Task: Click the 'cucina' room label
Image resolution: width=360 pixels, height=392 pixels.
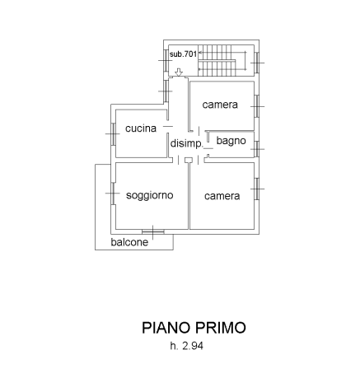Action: [x=141, y=128]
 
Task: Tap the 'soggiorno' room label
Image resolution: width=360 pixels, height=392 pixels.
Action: [x=150, y=195]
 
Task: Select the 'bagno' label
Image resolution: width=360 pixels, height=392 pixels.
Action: [x=231, y=141]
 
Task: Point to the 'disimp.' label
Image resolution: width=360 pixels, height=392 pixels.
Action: [x=186, y=143]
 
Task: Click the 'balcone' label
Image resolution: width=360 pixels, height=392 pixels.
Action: [x=129, y=242]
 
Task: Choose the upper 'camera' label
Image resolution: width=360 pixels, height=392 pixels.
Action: [x=220, y=105]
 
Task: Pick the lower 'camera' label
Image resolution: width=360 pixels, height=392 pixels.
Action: [x=222, y=196]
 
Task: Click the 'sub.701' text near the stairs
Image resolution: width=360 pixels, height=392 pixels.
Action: [x=183, y=54]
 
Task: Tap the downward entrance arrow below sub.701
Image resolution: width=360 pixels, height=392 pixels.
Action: [x=179, y=72]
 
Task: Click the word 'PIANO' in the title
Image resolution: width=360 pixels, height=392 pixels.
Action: [x=166, y=328]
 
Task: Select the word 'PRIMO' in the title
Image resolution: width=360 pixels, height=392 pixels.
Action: [x=221, y=328]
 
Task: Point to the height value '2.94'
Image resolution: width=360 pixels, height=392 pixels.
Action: [x=193, y=346]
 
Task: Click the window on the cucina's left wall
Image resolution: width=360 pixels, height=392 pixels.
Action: [x=113, y=134]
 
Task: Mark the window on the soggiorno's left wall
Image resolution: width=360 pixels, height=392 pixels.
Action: [x=113, y=194]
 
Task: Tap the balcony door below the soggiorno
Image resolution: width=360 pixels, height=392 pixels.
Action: [x=153, y=232]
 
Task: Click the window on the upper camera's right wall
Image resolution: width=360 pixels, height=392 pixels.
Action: [x=257, y=106]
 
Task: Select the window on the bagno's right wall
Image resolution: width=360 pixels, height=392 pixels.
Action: [x=257, y=149]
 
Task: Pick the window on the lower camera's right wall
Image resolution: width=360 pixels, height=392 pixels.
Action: [x=257, y=189]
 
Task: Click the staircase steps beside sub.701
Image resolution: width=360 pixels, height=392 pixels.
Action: [x=222, y=60]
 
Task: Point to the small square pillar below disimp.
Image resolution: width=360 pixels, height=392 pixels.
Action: [x=189, y=160]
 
